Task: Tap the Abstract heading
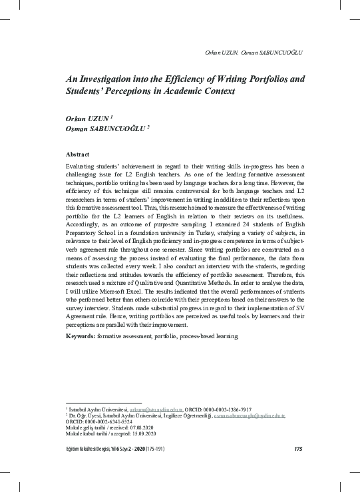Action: click(x=79, y=154)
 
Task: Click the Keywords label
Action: click(x=81, y=336)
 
